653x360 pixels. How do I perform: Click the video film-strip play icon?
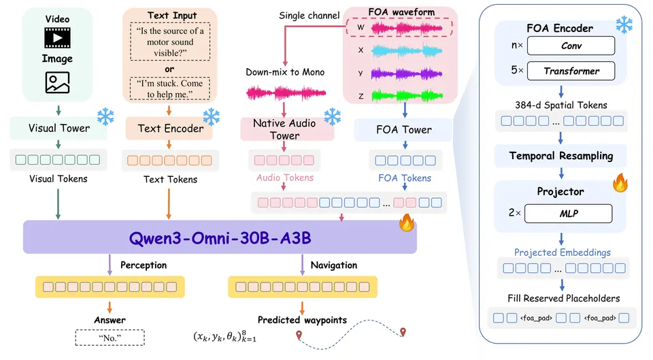pos(57,38)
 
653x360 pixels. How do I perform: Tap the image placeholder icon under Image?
pos(57,82)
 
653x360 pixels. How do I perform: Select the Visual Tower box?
pos(58,128)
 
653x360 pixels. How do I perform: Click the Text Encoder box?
pos(170,129)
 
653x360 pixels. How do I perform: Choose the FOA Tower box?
pos(403,129)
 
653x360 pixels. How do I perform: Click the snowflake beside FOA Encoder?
pos(624,24)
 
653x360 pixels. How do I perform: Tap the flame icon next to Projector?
pos(620,182)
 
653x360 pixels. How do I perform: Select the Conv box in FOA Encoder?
pos(571,46)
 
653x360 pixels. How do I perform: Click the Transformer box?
pos(571,71)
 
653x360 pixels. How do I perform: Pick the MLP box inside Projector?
pos(569,213)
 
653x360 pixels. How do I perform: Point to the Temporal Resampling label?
pos(561,156)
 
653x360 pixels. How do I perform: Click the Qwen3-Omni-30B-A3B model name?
pos(220,238)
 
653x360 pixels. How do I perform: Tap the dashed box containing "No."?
pos(110,338)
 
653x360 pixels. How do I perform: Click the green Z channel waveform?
pos(407,96)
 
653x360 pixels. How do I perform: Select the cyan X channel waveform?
pos(407,51)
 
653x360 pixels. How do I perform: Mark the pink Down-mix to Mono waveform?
pos(286,93)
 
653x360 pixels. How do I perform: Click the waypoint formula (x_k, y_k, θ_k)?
pos(225,336)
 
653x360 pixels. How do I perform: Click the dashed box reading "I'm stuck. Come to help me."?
pos(170,88)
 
